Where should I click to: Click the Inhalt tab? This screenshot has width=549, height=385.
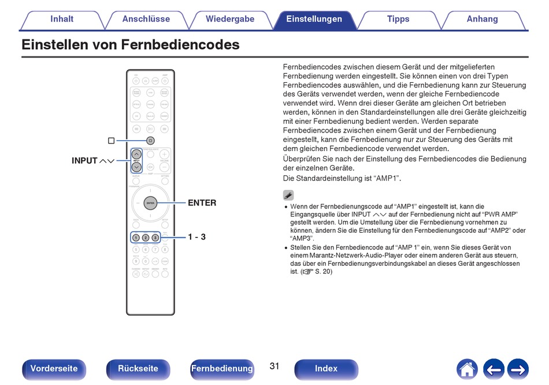pos(62,19)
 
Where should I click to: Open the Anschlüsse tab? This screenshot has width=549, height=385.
pos(146,19)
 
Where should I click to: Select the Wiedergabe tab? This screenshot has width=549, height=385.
pos(230,19)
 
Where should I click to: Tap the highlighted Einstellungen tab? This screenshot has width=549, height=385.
pos(314,19)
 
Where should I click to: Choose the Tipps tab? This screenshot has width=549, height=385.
pos(398,19)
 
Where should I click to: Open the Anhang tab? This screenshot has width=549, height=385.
pos(483,19)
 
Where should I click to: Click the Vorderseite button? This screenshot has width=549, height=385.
pos(54,369)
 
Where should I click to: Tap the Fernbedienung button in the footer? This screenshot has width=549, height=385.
pos(222,369)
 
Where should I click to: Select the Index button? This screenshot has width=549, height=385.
pos(326,369)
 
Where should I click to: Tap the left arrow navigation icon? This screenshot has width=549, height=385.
pos(493,369)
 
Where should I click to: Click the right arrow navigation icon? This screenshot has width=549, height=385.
pos(518,369)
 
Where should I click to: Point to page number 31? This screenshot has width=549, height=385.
pos(274,366)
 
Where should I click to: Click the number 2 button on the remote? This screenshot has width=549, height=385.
pos(146,237)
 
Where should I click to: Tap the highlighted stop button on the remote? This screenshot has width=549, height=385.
pos(150,140)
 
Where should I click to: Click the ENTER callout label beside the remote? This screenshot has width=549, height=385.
pos(202,203)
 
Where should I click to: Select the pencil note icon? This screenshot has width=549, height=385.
pos(288,195)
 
